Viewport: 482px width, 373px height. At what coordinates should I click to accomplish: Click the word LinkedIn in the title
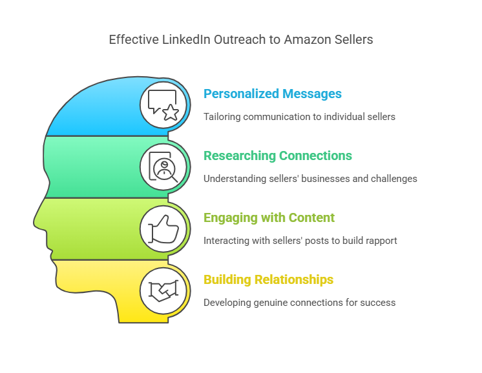[x=183, y=40]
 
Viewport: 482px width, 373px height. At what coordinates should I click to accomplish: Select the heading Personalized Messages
[x=273, y=94]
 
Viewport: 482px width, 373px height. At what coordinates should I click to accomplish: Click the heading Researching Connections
[x=278, y=156]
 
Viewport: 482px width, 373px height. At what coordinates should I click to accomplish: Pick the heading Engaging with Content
[x=269, y=218]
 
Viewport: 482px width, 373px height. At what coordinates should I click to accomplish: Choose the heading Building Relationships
[x=268, y=280]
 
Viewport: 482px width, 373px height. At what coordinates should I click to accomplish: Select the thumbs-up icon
[x=163, y=228]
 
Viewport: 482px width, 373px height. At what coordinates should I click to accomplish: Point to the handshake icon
[x=163, y=290]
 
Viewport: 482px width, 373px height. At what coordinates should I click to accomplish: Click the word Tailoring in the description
[x=222, y=117]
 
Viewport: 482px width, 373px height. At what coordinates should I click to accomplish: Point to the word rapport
[x=381, y=241]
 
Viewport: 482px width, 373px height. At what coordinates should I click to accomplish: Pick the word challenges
[x=395, y=179]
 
